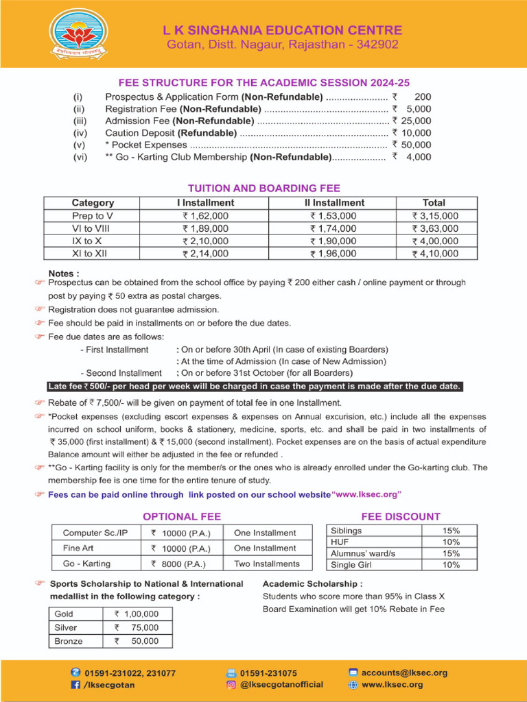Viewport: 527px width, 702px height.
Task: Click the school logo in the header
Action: [x=78, y=34]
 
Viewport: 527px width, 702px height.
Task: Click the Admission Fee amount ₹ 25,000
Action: [x=412, y=121]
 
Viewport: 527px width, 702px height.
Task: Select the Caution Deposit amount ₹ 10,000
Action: [x=412, y=133]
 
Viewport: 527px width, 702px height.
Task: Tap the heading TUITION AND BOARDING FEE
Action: [x=264, y=188]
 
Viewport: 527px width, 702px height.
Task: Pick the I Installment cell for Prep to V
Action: [x=205, y=215]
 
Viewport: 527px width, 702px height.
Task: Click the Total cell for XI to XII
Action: [x=434, y=253]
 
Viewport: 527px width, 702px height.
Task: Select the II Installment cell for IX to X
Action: [x=333, y=241]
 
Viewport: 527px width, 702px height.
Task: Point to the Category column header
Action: [x=93, y=203]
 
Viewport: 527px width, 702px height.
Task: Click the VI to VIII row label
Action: [x=93, y=228]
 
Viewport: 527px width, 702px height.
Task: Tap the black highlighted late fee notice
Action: [x=254, y=387]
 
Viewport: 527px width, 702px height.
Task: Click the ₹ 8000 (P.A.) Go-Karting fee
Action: [x=180, y=564]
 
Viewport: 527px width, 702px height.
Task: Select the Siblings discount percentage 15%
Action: [x=451, y=531]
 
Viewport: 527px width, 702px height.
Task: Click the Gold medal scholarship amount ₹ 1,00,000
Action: [x=137, y=614]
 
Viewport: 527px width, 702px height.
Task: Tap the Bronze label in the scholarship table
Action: [x=69, y=642]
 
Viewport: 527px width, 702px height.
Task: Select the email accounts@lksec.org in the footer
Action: [x=404, y=673]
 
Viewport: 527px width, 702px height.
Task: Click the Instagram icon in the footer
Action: [x=231, y=684]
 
